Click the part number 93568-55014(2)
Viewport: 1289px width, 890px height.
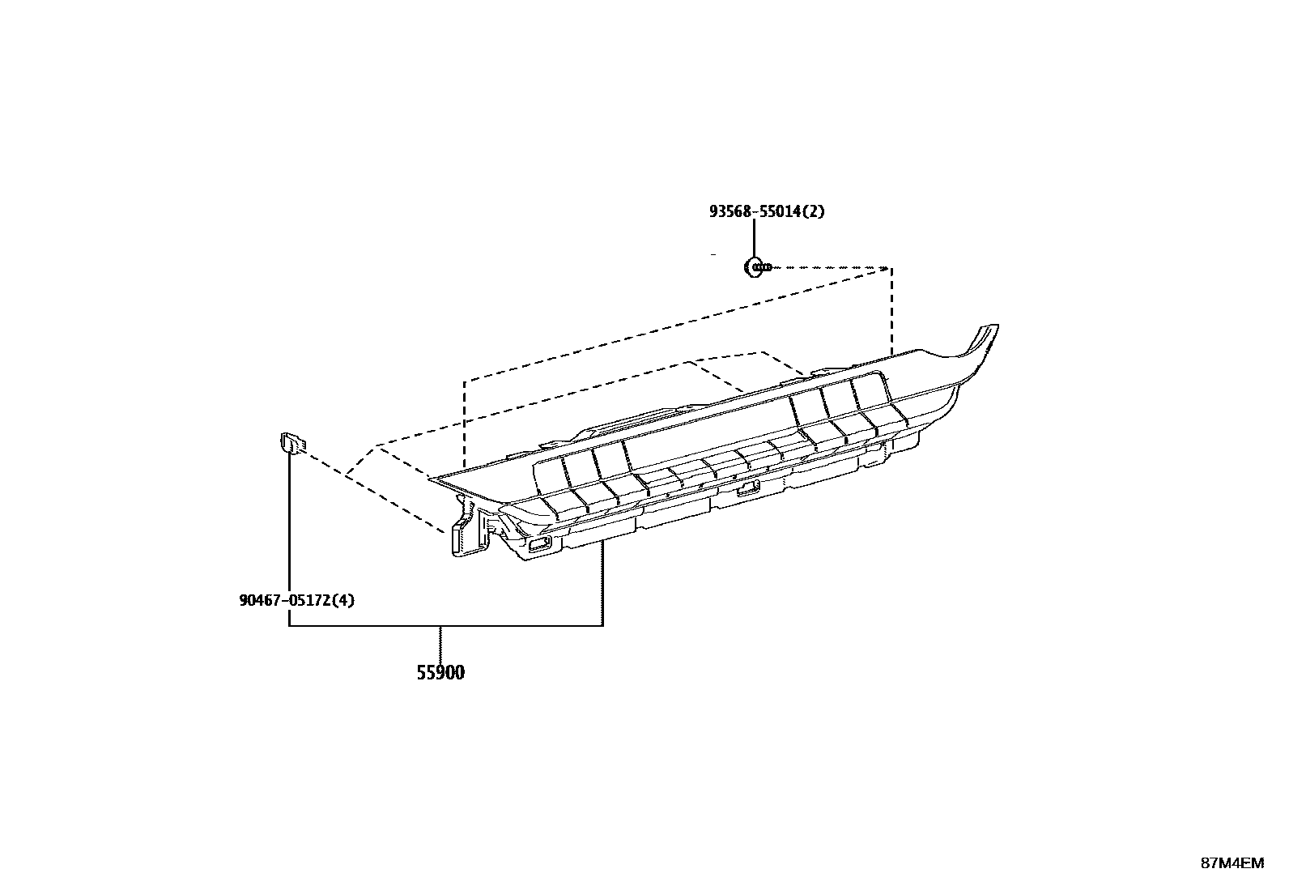click(767, 211)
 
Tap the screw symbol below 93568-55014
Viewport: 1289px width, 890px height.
click(756, 266)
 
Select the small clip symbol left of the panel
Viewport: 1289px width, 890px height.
click(291, 443)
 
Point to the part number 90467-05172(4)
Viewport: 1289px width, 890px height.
click(297, 600)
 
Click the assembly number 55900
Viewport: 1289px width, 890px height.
click(440, 672)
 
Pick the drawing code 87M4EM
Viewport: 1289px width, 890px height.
click(1232, 862)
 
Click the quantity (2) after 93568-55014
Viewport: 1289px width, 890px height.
click(815, 211)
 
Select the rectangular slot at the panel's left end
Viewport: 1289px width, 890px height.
click(538, 546)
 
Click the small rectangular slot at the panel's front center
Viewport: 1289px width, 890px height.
click(747, 488)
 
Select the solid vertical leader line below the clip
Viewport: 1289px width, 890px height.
click(290, 534)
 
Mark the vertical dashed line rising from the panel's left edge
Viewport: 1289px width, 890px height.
click(465, 421)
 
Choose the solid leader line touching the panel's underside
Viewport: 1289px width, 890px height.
click(602, 583)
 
